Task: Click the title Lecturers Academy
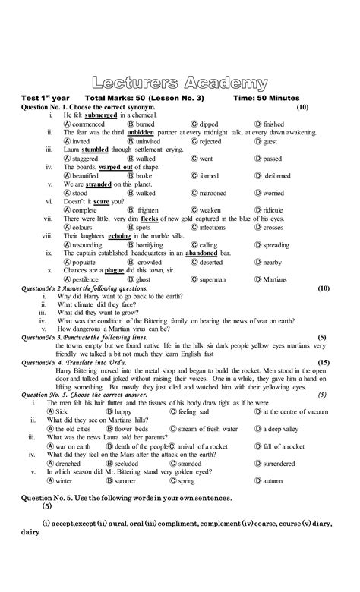pyautogui.click(x=180, y=83)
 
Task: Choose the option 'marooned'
pyautogui.click(x=213, y=193)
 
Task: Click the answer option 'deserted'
pyautogui.click(x=211, y=262)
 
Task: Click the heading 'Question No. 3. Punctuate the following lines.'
pyautogui.click(x=103, y=337)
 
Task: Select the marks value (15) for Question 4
pyautogui.click(x=324, y=363)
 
